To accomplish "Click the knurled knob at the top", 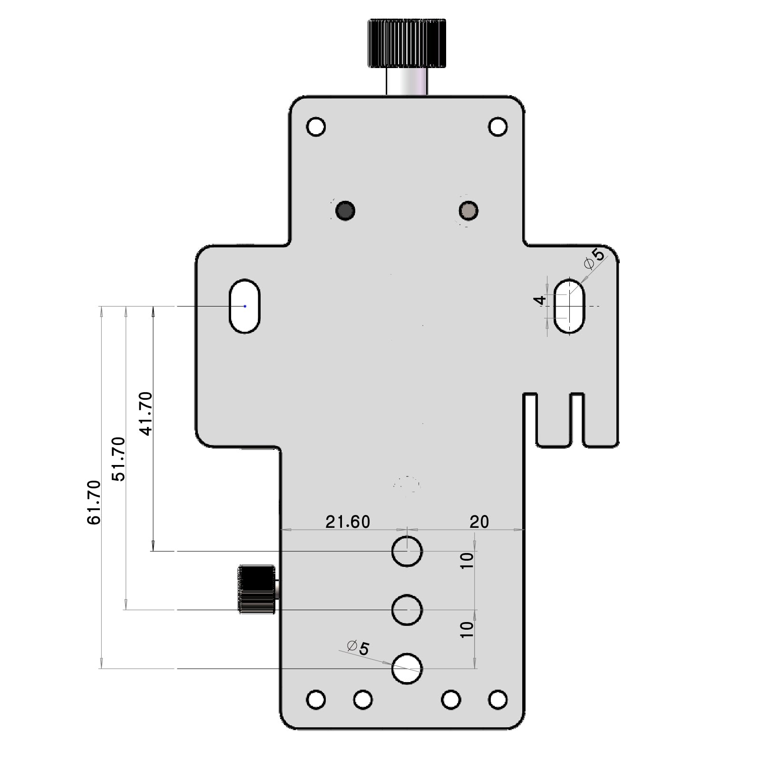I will pyautogui.click(x=407, y=43).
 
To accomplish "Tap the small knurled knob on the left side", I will pyautogui.click(x=257, y=589).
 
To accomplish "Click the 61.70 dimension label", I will pyautogui.click(x=94, y=503).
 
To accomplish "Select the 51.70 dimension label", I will pyautogui.click(x=118, y=459).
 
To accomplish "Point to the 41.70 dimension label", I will pyautogui.click(x=146, y=414).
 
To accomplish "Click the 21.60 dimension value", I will pyautogui.click(x=348, y=522).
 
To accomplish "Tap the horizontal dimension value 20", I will pyautogui.click(x=479, y=522).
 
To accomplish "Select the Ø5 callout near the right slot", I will pyautogui.click(x=595, y=258).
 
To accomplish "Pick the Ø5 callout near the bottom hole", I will pyautogui.click(x=359, y=648).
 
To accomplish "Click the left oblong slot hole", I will pyautogui.click(x=244, y=306).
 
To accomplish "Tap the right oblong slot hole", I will pyautogui.click(x=569, y=306).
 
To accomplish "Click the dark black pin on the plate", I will pyautogui.click(x=345, y=210).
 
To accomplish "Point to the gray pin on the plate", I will pyautogui.click(x=469, y=210).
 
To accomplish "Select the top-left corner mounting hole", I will pyautogui.click(x=316, y=127).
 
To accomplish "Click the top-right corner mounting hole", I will pyautogui.click(x=498, y=127).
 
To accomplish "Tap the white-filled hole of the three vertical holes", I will pyautogui.click(x=407, y=668).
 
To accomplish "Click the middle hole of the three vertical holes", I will pyautogui.click(x=407, y=610).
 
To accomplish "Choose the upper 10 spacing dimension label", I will pyautogui.click(x=468, y=560).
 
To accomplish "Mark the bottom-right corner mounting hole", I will pyautogui.click(x=498, y=700).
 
